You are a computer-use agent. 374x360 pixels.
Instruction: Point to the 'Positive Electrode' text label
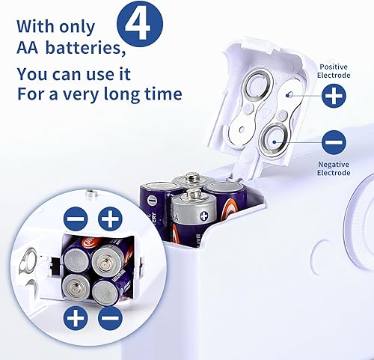334,71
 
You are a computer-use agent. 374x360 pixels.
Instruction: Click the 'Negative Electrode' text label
334,168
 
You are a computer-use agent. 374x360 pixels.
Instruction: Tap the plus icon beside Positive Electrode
334,96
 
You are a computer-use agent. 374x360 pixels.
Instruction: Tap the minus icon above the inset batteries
75,219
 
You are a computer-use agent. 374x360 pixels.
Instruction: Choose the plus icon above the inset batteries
111,219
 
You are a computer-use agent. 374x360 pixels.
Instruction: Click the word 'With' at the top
35,25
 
